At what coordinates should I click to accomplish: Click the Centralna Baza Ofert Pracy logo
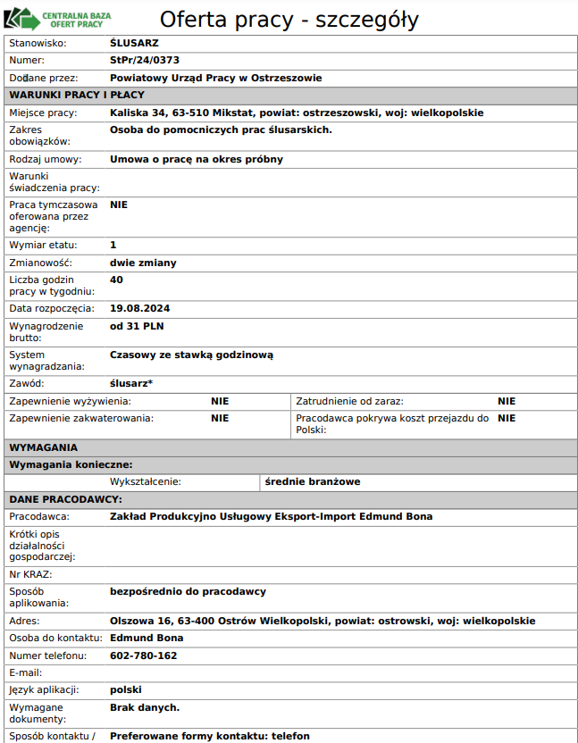[66, 18]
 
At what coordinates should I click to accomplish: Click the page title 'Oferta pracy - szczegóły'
[289, 20]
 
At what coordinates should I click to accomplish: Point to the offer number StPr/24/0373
[145, 61]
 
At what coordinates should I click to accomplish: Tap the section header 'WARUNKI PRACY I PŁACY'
[77, 96]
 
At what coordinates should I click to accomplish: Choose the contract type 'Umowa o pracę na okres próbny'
[197, 160]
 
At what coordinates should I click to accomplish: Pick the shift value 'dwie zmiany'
[143, 263]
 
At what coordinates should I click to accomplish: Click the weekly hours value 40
[116, 280]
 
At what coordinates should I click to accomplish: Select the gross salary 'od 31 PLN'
[137, 326]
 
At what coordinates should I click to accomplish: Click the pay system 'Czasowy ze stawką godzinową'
[191, 355]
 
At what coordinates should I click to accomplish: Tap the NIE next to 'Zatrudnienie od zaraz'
[507, 402]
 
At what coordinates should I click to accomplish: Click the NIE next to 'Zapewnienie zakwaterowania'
[220, 418]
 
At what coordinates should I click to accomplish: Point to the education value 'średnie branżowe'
[313, 482]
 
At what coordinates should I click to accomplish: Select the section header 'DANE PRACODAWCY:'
[65, 499]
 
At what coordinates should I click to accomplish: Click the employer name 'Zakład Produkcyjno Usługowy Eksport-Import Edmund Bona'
[271, 517]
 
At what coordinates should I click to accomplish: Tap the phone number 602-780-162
[143, 655]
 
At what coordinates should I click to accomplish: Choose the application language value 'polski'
[126, 689]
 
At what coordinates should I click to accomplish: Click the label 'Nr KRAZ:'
[30, 574]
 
